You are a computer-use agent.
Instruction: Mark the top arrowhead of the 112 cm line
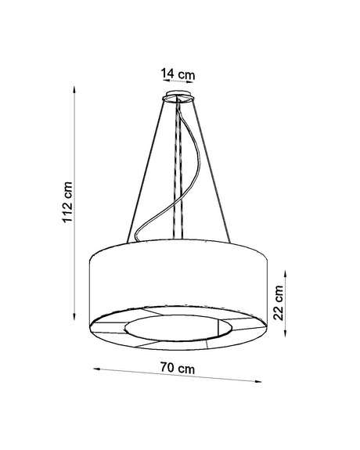point(75,88)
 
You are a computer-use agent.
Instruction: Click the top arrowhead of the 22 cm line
point(284,268)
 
